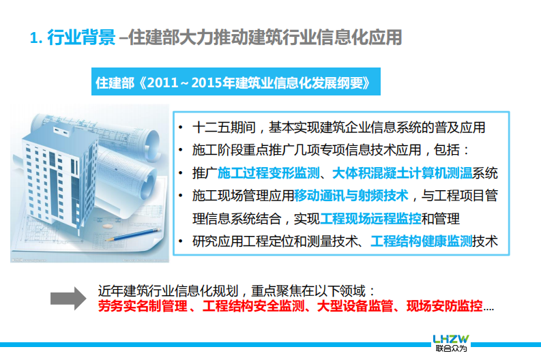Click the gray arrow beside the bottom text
pyautogui.click(x=69, y=298)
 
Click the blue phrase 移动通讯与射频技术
pyautogui.click(x=351, y=196)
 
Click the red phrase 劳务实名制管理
pyautogui.click(x=138, y=306)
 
